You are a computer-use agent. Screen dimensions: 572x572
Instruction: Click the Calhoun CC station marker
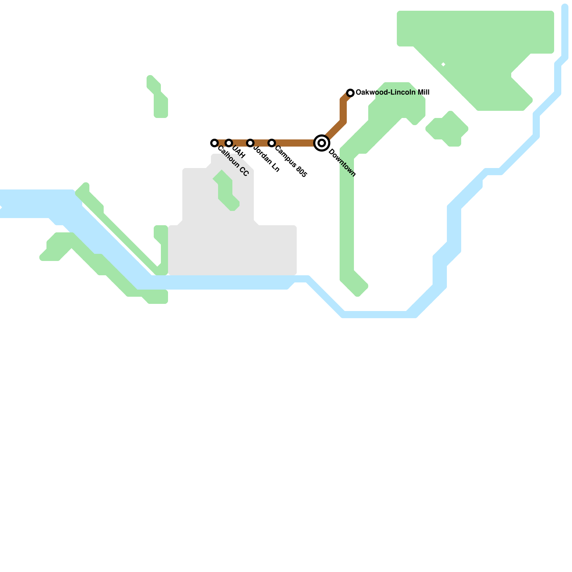click(x=214, y=143)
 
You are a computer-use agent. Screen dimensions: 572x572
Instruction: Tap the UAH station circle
click(x=229, y=143)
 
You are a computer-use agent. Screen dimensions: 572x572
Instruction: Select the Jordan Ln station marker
click(x=250, y=143)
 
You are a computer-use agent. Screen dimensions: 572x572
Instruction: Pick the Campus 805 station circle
click(x=272, y=143)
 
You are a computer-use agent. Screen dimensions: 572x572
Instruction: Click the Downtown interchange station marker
click(x=322, y=143)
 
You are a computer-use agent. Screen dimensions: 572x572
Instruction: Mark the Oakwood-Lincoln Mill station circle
click(x=350, y=93)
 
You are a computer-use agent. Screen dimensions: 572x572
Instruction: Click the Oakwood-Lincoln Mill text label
click(x=393, y=93)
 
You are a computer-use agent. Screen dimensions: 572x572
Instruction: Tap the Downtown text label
click(x=342, y=163)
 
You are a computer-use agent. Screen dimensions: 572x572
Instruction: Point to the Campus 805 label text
click(x=291, y=162)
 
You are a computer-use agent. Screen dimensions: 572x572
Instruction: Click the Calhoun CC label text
click(x=233, y=162)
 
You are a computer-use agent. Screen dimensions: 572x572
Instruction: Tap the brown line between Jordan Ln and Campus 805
click(x=261, y=143)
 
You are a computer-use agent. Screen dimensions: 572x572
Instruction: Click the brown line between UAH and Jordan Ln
click(x=240, y=143)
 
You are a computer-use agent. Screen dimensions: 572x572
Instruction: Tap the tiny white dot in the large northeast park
click(x=443, y=64)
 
